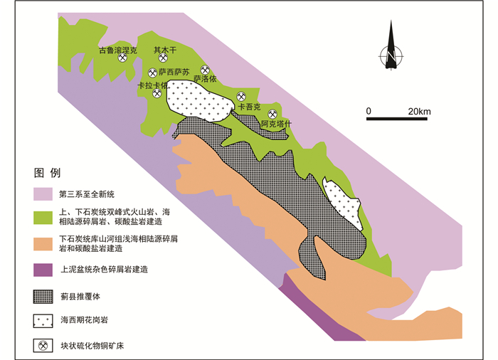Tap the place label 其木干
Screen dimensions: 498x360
coord(164,51)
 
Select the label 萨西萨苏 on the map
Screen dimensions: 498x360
coord(174,73)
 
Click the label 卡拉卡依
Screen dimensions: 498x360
coord(152,85)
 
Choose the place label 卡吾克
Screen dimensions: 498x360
coord(250,107)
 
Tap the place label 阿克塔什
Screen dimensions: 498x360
coord(277,123)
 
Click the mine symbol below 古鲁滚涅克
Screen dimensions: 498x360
coord(122,59)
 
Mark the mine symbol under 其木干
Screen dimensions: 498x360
coord(163,59)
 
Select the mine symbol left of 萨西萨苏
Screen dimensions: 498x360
coord(152,73)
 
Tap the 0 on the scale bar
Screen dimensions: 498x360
coord(369,111)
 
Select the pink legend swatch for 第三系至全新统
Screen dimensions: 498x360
coord(44,194)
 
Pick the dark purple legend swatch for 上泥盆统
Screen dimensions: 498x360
coord(44,270)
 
